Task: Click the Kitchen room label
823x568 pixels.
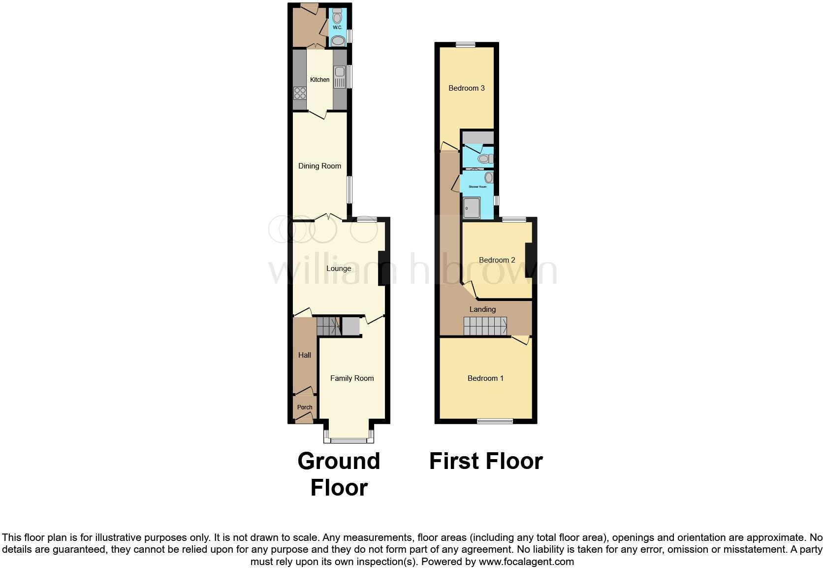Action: [319, 80]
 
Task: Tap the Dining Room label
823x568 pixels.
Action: [319, 166]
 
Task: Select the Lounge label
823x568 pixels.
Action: [339, 268]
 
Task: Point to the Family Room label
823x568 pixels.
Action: [352, 378]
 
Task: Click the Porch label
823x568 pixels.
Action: [305, 407]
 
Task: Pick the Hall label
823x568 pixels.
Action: [305, 355]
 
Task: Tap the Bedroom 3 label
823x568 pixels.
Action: [467, 88]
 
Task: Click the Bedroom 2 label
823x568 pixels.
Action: [497, 260]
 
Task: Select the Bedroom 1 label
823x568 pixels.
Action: [485, 378]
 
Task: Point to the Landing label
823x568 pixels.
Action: [482, 309]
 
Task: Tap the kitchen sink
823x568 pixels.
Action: [340, 74]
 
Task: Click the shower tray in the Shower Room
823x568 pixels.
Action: [472, 207]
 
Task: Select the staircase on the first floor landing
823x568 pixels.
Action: [485, 326]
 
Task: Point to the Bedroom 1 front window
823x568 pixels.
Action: [495, 421]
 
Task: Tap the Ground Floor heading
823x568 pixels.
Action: [339, 474]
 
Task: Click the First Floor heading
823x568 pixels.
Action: [486, 462]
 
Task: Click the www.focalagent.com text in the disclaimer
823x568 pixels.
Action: [526, 562]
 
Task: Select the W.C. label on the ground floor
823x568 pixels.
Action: [337, 28]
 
